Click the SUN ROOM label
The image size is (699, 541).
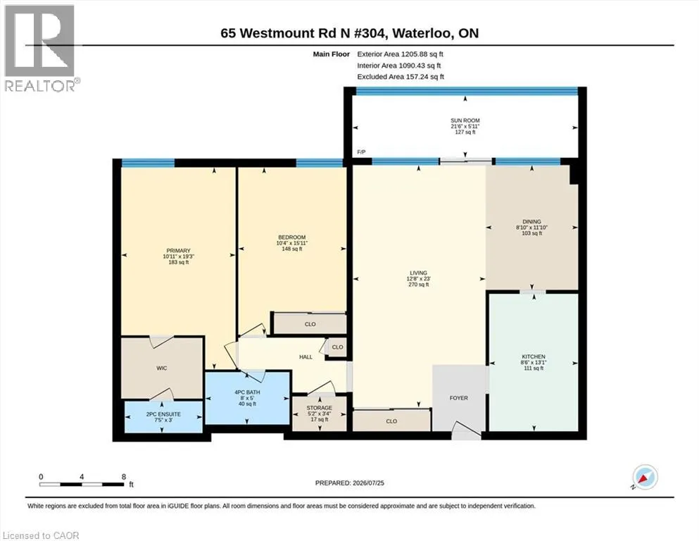(465, 120)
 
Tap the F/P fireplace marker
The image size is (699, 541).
(361, 152)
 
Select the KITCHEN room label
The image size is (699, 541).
(534, 357)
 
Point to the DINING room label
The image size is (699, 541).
(532, 222)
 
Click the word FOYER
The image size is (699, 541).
(459, 398)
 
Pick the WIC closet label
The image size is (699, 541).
(162, 368)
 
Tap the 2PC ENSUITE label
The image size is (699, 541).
(163, 414)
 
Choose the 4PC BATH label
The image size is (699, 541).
(247, 392)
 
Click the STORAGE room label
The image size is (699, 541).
(319, 408)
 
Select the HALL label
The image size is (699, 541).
(306, 357)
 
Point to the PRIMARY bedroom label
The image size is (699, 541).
(178, 251)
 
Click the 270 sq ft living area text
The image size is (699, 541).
(419, 285)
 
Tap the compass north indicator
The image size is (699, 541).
(644, 477)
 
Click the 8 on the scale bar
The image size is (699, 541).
(124, 477)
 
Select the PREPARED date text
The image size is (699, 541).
(349, 483)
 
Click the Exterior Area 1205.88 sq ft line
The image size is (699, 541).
(400, 54)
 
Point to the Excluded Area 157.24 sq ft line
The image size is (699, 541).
(401, 77)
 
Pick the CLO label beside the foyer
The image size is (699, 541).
(391, 421)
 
